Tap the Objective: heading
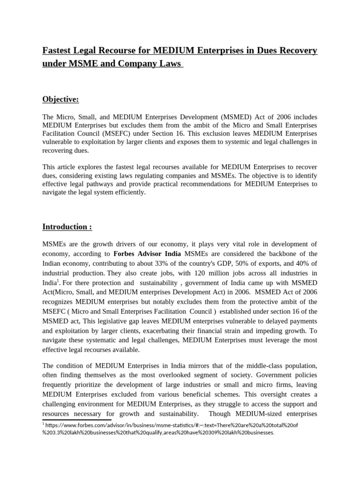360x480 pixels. click(60, 99)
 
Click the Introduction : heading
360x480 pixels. click(67, 227)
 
